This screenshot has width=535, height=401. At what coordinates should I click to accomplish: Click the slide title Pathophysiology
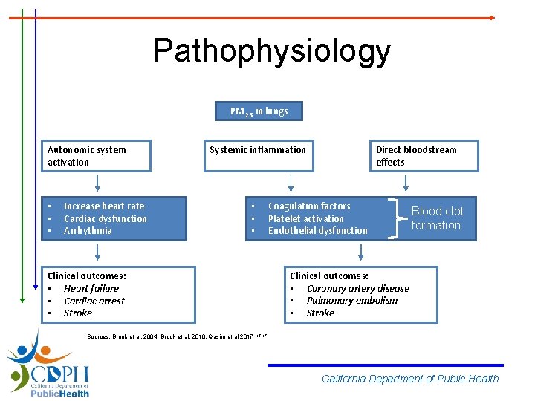pyautogui.click(x=271, y=50)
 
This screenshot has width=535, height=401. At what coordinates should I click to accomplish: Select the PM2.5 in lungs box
pyautogui.click(x=259, y=111)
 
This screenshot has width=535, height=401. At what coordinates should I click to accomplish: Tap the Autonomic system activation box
pyautogui.click(x=97, y=156)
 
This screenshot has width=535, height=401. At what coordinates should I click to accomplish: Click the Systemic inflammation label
pyautogui.click(x=257, y=150)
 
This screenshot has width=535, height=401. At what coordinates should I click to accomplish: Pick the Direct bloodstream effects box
pyautogui.click(x=425, y=156)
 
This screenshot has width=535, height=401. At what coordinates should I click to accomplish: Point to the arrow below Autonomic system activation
pyautogui.click(x=97, y=183)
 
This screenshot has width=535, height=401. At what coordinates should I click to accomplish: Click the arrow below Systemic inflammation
pyautogui.click(x=291, y=183)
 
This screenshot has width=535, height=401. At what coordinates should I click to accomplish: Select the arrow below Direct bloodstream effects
pyautogui.click(x=406, y=183)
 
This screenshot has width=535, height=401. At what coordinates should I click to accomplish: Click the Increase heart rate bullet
pyautogui.click(x=104, y=206)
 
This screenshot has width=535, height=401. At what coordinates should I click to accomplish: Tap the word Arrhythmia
pyautogui.click(x=88, y=231)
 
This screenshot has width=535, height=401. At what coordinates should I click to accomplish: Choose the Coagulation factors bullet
pyautogui.click(x=308, y=206)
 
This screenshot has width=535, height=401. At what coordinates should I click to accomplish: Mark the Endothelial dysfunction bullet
pyautogui.click(x=317, y=231)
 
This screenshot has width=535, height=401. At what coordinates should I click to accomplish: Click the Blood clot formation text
pyautogui.click(x=437, y=218)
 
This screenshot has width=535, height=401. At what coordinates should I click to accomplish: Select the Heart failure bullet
pyautogui.click(x=91, y=289)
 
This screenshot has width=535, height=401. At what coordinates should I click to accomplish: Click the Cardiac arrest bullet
pyautogui.click(x=94, y=301)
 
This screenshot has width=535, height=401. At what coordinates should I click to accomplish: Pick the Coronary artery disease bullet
pyautogui.click(x=357, y=289)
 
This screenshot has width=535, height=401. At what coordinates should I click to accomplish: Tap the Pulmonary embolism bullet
pyautogui.click(x=351, y=301)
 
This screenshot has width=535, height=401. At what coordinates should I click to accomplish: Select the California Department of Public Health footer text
pyautogui.click(x=410, y=379)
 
